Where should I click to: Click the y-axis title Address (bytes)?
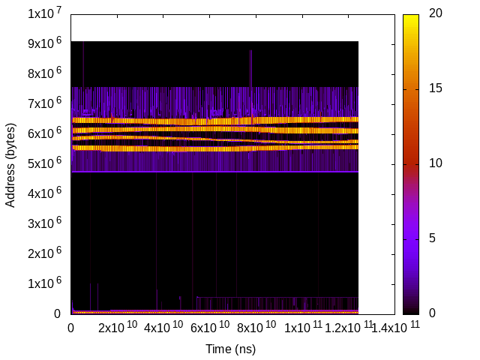coord(10,163)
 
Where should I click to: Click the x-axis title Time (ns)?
coord(231,349)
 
